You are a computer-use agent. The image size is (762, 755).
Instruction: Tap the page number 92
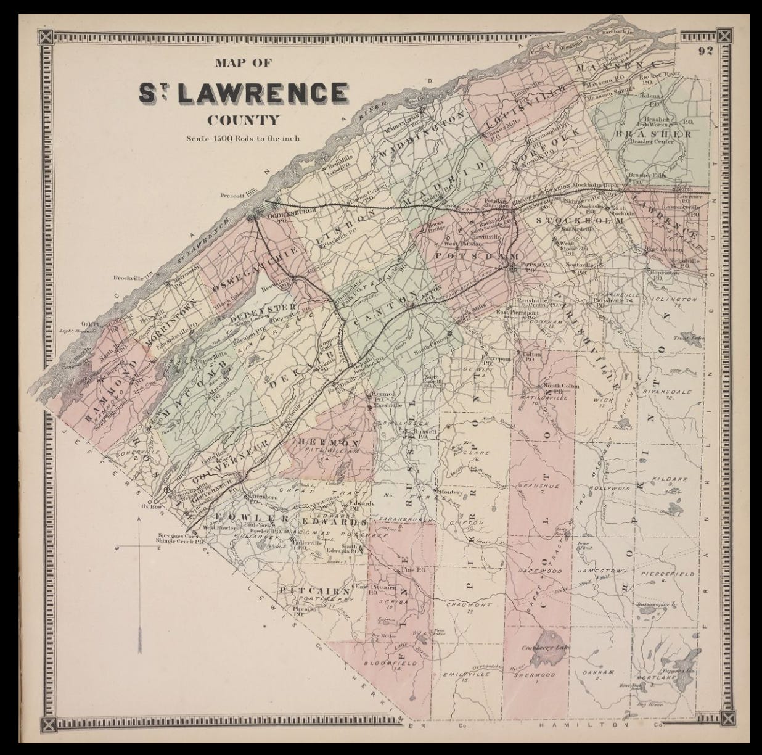click(x=706, y=51)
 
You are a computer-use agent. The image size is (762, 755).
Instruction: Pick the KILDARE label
click(x=666, y=479)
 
